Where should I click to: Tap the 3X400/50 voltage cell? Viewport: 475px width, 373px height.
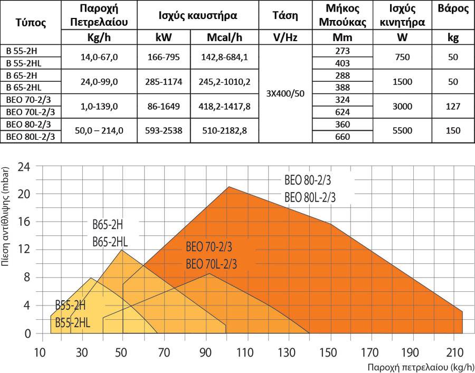tap(286, 93)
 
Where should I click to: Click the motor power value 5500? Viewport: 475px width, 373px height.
tap(403, 130)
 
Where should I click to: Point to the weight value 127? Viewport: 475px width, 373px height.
tap(453, 106)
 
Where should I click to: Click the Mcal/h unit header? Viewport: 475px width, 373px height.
tap(225, 37)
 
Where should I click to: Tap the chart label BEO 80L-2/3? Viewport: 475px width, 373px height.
tap(310, 197)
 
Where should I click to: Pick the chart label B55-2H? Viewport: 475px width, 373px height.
tap(70, 306)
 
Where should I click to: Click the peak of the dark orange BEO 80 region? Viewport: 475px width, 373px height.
tap(229, 187)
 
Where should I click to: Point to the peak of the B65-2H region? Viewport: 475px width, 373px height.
tap(122, 250)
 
